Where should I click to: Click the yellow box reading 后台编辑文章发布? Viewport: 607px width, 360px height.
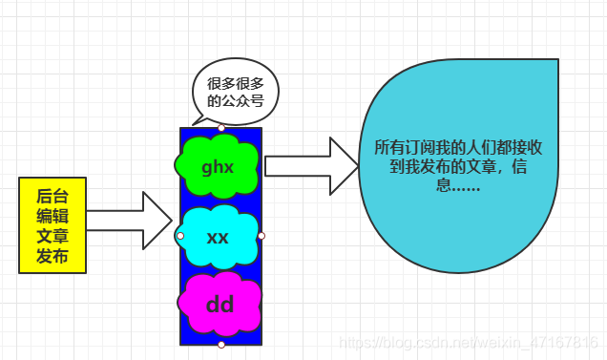tap(52, 224)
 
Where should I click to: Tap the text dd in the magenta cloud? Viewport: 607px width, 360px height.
tap(220, 306)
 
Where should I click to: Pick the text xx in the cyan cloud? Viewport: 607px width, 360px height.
tap(218, 237)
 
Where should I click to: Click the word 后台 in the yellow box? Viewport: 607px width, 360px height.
tap(52, 194)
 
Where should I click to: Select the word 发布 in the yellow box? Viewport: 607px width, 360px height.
tap(52, 256)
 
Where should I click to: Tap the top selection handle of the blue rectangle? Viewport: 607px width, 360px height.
tap(221, 127)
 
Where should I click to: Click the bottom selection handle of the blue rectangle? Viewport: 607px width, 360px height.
tap(221, 345)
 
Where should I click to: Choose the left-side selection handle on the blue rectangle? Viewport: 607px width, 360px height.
tap(180, 235)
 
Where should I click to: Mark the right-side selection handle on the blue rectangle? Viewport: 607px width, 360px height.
tap(262, 235)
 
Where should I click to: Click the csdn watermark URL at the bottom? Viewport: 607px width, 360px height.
tap(469, 342)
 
